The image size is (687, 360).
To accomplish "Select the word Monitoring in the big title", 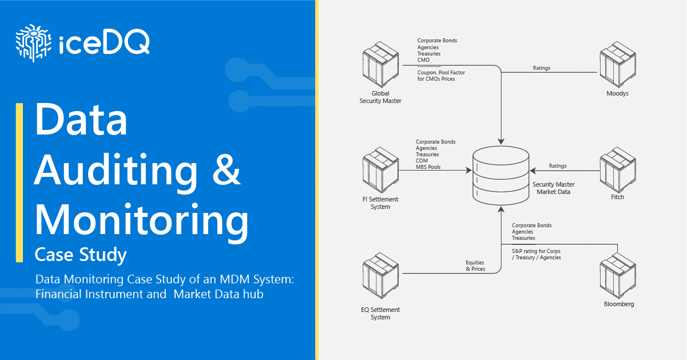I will point(142,220).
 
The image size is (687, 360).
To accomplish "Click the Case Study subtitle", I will point(81,254).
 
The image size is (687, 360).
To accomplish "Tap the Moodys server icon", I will point(617,65).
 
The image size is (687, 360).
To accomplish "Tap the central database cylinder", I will point(501,174).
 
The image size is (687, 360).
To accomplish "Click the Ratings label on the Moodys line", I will point(541,68).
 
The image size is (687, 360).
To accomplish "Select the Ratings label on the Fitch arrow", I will point(557,166).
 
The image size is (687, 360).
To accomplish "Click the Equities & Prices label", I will point(475,266).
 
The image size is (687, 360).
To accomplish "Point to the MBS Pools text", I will point(428,167).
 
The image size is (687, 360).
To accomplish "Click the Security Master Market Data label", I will point(553,188).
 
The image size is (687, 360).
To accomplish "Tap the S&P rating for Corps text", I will point(537,251).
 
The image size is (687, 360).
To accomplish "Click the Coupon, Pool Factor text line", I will point(444,72).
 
